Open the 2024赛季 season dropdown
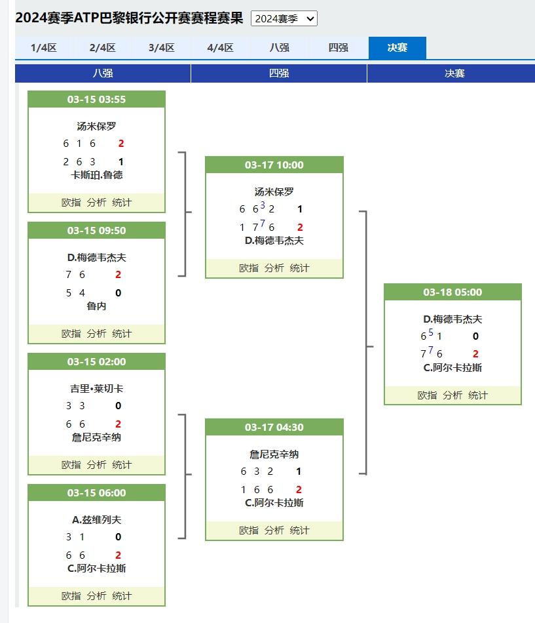click(284, 18)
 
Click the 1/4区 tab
click(44, 48)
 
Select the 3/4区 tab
click(162, 48)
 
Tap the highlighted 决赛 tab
click(397, 48)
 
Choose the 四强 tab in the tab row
click(338, 48)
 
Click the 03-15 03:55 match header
click(96, 99)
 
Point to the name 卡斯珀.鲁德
click(96, 175)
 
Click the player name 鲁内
click(96, 306)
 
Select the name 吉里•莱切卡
click(96, 389)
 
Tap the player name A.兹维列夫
click(96, 519)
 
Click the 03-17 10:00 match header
click(274, 165)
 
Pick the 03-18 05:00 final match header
click(452, 292)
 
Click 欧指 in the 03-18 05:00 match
click(427, 395)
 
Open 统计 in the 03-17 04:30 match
click(299, 531)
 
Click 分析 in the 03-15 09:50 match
click(96, 334)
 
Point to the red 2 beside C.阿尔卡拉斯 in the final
click(475, 353)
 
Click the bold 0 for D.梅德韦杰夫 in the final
click(475, 336)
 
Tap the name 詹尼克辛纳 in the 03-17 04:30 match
click(274, 454)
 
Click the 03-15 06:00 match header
click(96, 492)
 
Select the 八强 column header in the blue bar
click(103, 73)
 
